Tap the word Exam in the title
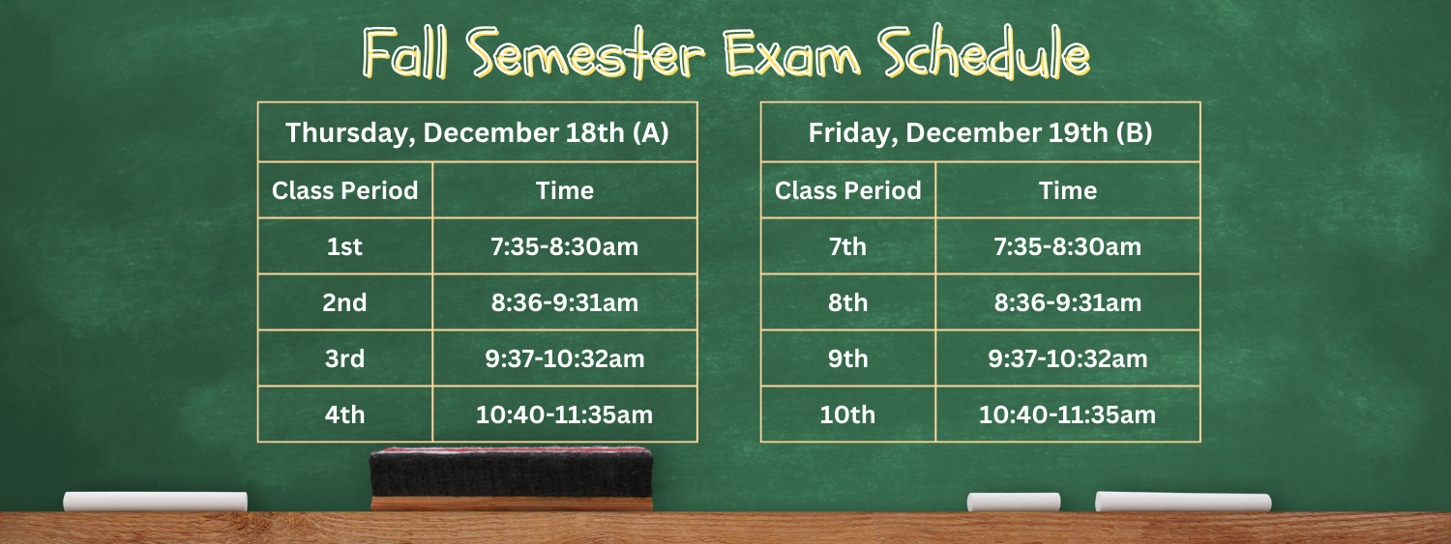[x=791, y=53]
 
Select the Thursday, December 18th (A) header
[x=478, y=132]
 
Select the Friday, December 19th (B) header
[x=980, y=132]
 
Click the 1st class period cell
[x=345, y=245]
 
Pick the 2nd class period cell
[x=345, y=302]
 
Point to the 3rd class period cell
[x=345, y=358]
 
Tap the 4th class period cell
[x=345, y=414]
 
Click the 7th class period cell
[x=848, y=245]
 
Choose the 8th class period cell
[x=848, y=302]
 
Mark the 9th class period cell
[x=848, y=358]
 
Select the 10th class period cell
[x=848, y=414]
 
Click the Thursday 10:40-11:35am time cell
[x=565, y=414]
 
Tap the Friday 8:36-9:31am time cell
[x=1068, y=302]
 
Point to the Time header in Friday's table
[x=1068, y=190]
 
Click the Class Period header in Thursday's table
[x=345, y=190]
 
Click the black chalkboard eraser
[x=511, y=478]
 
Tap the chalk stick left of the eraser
[x=156, y=501]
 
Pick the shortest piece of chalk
[x=1014, y=501]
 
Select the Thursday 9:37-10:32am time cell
[x=565, y=358]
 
